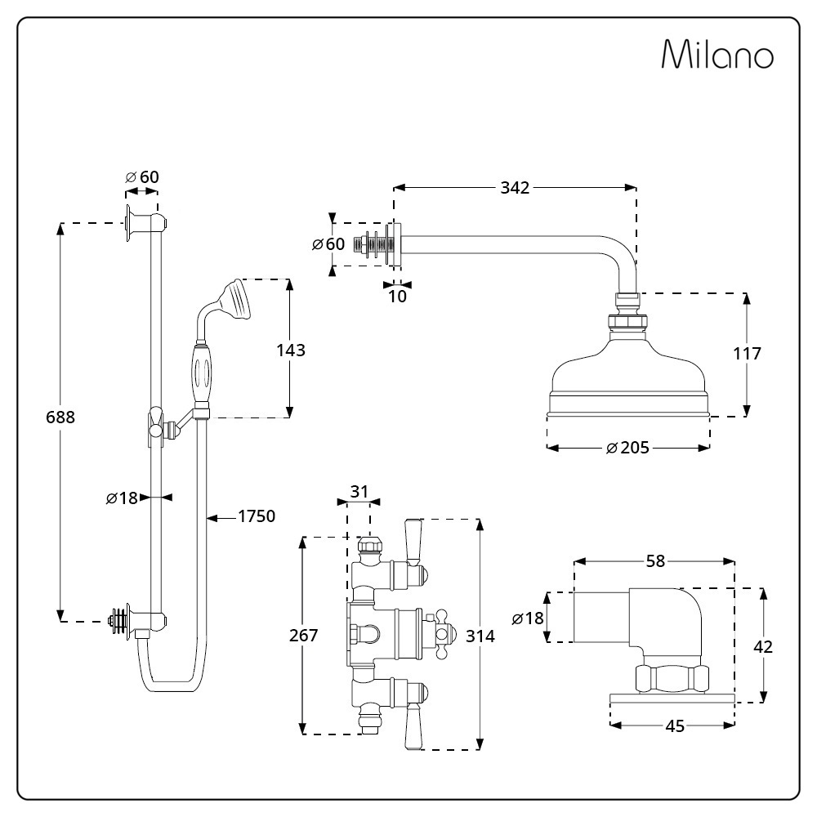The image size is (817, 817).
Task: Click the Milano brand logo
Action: pos(717,55)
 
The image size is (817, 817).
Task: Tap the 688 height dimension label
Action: pos(60,417)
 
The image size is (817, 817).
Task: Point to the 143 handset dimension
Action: pos(290,350)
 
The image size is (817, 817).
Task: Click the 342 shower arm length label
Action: pos(515,188)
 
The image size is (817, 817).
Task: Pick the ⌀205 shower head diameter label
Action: pos(627,448)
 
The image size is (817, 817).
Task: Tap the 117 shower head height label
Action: pos(747,354)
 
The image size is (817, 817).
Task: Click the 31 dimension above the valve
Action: pos(359,492)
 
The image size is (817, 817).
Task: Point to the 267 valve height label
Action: pos(303,636)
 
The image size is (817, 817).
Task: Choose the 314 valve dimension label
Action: pos(480,636)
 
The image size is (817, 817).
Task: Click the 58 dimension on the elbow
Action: pos(654,561)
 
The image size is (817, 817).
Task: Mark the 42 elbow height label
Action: pos(763,646)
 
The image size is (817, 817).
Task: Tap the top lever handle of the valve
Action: pos(413,540)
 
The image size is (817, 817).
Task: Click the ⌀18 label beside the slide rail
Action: pos(123,497)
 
